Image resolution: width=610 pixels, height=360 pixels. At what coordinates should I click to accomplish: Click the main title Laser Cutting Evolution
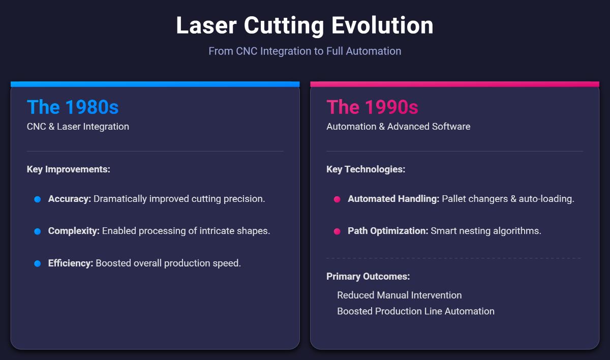(304, 25)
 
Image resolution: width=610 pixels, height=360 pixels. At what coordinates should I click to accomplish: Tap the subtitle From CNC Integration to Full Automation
(304, 51)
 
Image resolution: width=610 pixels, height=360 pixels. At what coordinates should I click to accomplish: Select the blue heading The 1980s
(73, 107)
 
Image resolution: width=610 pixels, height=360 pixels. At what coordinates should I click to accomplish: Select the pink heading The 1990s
(372, 107)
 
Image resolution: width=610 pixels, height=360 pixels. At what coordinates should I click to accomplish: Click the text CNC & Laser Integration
(78, 127)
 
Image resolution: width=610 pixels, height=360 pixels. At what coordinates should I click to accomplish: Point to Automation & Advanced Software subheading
(398, 127)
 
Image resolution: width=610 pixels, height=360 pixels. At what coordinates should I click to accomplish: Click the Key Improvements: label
(68, 169)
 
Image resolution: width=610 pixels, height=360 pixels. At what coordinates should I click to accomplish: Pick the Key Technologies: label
(365, 169)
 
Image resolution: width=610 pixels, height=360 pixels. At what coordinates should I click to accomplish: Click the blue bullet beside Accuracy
(37, 199)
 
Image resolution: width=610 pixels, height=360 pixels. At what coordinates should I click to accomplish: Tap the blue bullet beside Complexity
(37, 231)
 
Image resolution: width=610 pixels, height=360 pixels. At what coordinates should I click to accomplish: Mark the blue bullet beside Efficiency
(37, 263)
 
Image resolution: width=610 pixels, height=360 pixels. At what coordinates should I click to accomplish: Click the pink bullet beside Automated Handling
(337, 199)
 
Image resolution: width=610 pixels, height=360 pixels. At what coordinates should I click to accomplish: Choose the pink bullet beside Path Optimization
(337, 231)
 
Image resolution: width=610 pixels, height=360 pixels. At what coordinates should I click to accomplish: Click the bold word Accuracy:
(70, 199)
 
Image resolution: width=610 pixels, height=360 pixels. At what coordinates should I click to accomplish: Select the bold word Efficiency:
(71, 263)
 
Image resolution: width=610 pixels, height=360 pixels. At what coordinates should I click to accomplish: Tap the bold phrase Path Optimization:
(388, 231)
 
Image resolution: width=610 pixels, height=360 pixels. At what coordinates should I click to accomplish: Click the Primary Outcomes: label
(368, 277)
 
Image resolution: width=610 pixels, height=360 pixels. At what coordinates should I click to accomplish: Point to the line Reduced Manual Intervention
(399, 295)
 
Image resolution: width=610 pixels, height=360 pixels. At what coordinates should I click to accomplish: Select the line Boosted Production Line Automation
(415, 311)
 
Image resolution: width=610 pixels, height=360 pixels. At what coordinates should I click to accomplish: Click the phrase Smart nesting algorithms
(486, 231)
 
